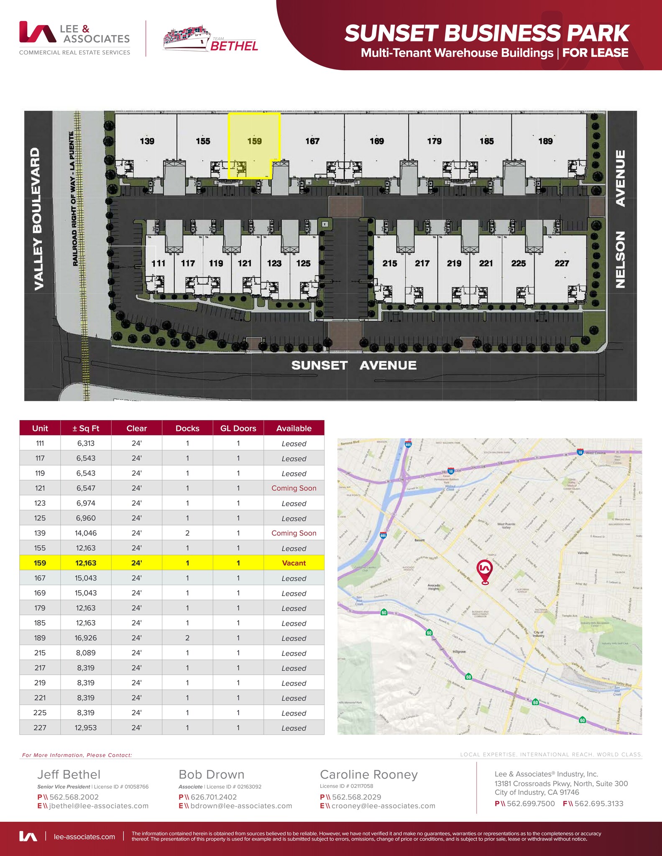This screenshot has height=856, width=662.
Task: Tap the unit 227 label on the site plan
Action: point(562,263)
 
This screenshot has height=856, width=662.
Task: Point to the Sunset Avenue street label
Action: point(354,365)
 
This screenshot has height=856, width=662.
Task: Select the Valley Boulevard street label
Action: point(37,219)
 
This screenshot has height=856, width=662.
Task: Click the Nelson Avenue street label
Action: point(621,219)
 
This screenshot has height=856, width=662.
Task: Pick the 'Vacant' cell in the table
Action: point(294,563)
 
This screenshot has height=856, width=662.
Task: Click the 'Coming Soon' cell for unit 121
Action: point(294,488)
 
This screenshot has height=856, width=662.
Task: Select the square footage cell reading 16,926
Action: point(86,638)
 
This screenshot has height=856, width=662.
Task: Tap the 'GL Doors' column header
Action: point(238,428)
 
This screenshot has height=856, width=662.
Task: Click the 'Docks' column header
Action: point(187,428)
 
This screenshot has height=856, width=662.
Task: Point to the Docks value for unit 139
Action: point(187,533)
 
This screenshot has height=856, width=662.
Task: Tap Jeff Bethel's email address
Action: point(99,806)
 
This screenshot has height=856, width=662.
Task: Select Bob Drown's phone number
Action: point(213,797)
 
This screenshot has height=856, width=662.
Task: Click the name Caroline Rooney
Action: point(368,774)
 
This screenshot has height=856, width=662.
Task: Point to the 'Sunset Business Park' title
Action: point(486,33)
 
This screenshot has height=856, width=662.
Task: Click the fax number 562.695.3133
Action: point(598,803)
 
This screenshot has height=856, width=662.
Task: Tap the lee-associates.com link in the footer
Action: point(84,836)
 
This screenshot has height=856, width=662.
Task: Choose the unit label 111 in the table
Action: point(40,443)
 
